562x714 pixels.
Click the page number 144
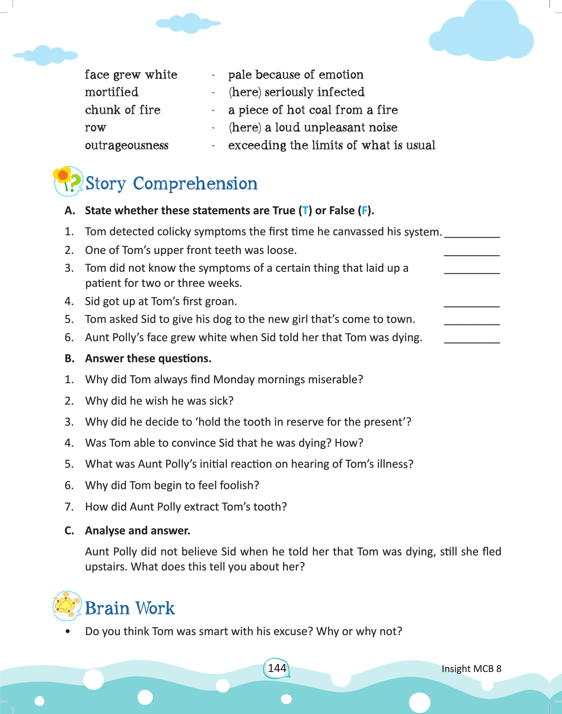277,668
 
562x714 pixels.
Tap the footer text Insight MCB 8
471,668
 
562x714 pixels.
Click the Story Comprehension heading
171,184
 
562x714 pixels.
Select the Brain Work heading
130,608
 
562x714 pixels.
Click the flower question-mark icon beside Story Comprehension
67,181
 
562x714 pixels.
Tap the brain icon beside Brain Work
67,606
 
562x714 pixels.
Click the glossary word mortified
112,92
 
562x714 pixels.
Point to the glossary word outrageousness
127,145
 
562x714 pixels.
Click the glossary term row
95,128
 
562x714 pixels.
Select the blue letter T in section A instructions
305,210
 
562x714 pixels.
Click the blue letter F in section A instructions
364,210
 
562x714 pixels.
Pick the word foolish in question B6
237,486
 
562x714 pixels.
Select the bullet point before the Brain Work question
68,631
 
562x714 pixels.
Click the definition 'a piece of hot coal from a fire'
313,110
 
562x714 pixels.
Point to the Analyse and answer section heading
137,531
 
